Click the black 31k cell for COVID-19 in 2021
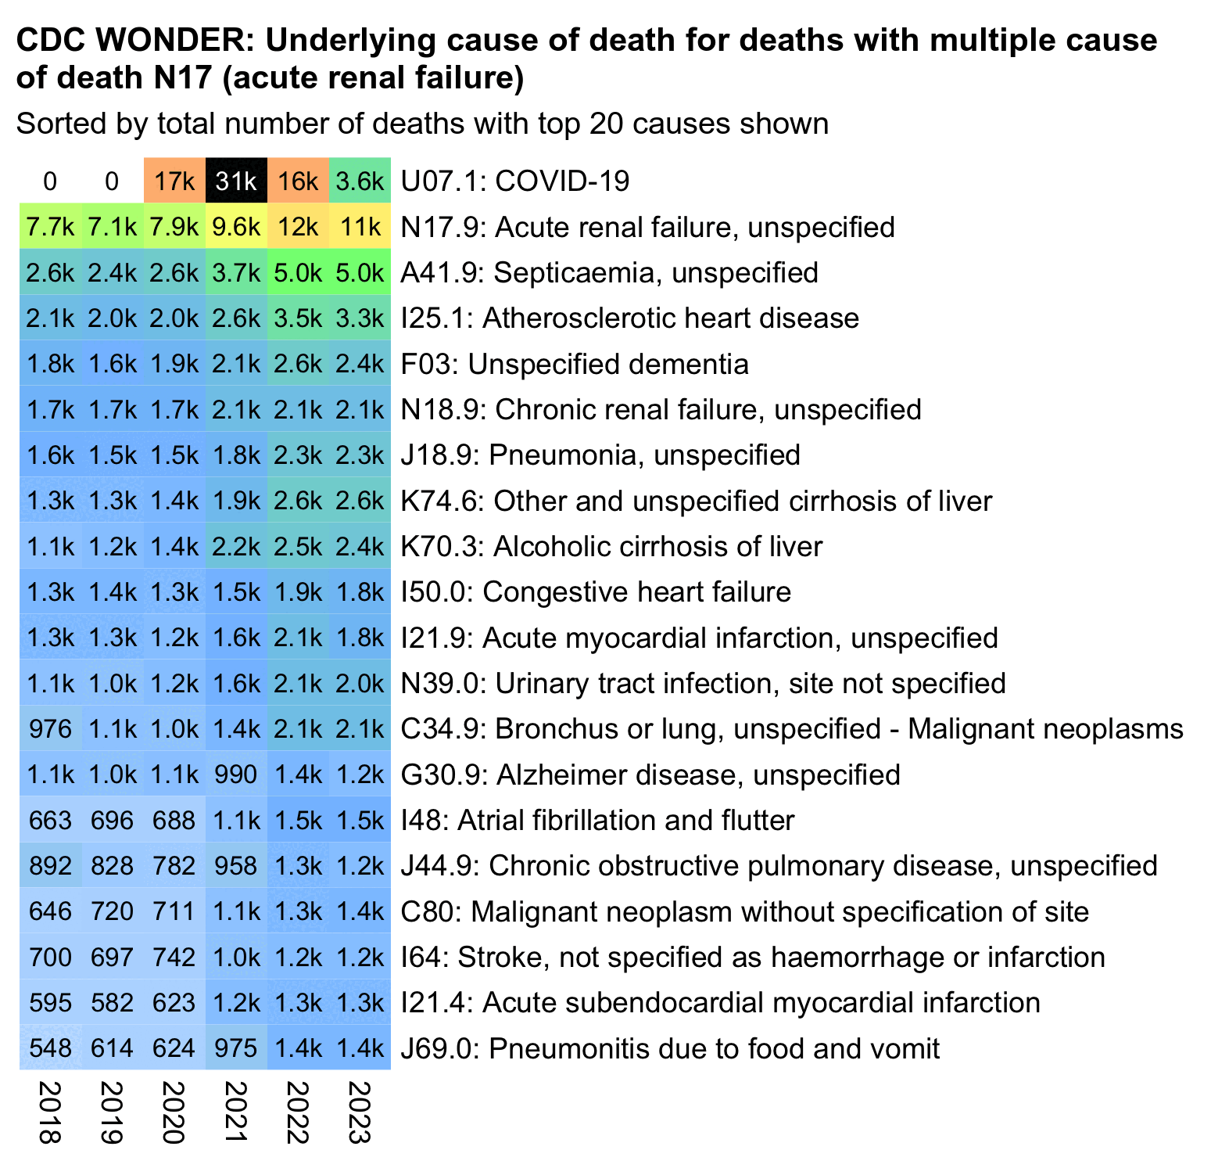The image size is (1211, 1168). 236,181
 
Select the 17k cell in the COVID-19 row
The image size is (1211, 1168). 174,181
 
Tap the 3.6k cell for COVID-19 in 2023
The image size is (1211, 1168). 360,181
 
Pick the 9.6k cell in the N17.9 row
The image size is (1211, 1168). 236,227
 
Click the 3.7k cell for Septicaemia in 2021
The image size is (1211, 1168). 236,273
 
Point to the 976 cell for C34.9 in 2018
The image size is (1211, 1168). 50,729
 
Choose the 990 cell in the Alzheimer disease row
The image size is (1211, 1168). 236,774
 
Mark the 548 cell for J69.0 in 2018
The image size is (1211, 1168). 50,1048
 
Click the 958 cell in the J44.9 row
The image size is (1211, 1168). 236,866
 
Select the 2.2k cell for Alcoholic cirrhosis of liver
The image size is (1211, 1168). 236,546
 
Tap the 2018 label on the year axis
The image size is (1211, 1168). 50,1112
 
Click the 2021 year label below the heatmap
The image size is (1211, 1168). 236,1112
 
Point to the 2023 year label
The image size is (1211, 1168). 360,1112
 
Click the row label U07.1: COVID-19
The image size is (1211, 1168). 514,181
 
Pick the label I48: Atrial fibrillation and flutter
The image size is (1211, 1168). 597,821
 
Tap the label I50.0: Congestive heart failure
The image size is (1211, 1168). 596,592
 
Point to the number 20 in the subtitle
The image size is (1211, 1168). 604,124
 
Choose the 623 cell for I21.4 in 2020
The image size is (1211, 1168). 174,1003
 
